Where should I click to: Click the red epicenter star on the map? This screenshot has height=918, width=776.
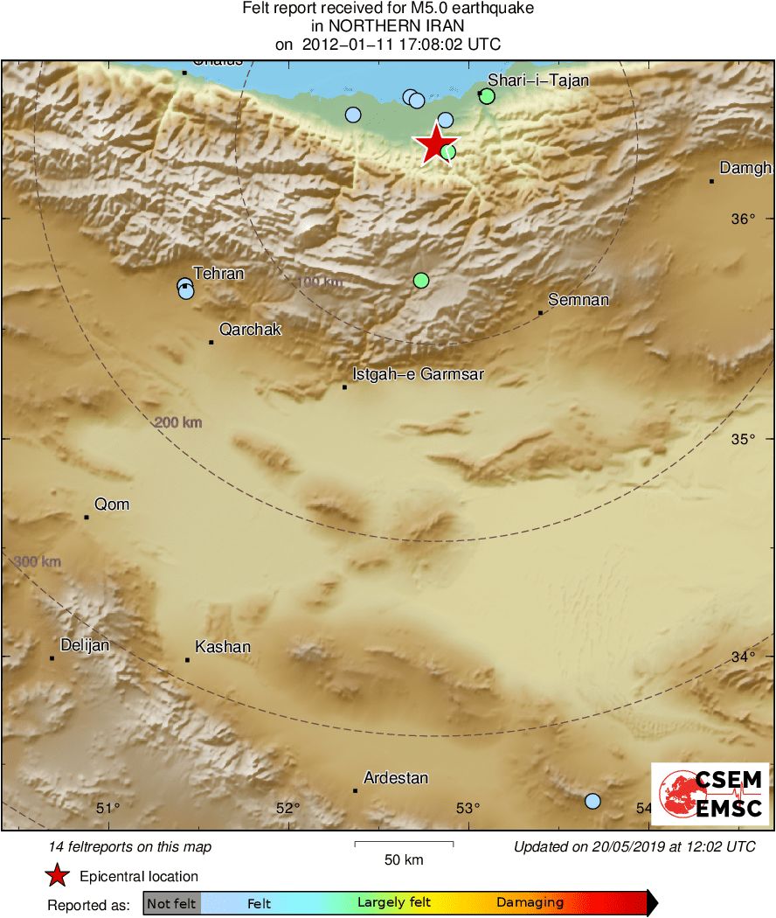click(x=435, y=144)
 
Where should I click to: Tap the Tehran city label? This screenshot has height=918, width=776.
click(x=218, y=274)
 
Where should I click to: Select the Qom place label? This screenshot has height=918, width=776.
click(x=112, y=504)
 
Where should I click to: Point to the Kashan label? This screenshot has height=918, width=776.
click(x=223, y=648)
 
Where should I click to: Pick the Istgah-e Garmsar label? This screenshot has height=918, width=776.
click(x=418, y=375)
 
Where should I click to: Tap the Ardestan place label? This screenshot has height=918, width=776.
click(x=396, y=777)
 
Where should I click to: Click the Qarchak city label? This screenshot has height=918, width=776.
click(x=251, y=330)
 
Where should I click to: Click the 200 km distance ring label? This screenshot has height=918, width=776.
click(x=178, y=423)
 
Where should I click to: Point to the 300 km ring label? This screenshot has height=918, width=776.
click(x=38, y=561)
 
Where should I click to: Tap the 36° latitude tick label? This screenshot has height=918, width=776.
click(x=744, y=219)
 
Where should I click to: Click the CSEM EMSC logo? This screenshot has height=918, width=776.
click(x=710, y=794)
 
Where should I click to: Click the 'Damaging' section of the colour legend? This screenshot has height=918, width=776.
click(x=530, y=903)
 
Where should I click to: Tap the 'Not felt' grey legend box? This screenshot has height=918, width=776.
click(x=171, y=903)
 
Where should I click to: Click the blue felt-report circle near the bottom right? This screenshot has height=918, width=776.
click(x=592, y=801)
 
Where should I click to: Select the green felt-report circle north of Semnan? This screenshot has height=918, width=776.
click(x=421, y=281)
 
